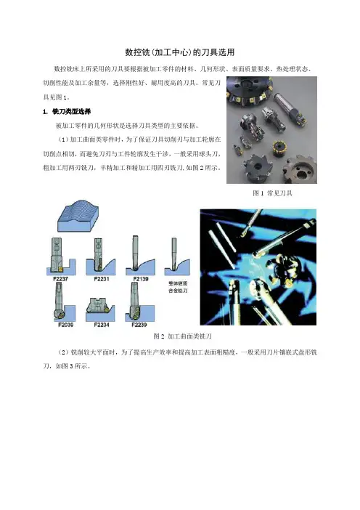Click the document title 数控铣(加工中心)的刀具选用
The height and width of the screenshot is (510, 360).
point(180,52)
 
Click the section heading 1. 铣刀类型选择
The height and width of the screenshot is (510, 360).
point(67,112)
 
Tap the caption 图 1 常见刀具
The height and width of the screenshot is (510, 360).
point(272,193)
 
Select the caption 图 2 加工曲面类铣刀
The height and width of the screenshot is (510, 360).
point(183,336)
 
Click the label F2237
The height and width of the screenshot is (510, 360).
point(61,279)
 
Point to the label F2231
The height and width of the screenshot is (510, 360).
point(102,279)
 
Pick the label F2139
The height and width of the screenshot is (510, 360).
point(141,279)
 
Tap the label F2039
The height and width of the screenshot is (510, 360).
point(65,325)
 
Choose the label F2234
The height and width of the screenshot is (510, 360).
point(102,325)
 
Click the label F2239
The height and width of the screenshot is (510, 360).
point(139,325)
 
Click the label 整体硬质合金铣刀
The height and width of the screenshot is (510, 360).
point(178,287)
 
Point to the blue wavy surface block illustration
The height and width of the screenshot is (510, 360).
point(78,216)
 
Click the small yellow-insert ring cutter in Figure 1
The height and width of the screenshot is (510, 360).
point(281,148)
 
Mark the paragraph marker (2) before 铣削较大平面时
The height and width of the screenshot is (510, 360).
point(63,352)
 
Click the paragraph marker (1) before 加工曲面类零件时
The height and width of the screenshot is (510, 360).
point(62,139)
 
